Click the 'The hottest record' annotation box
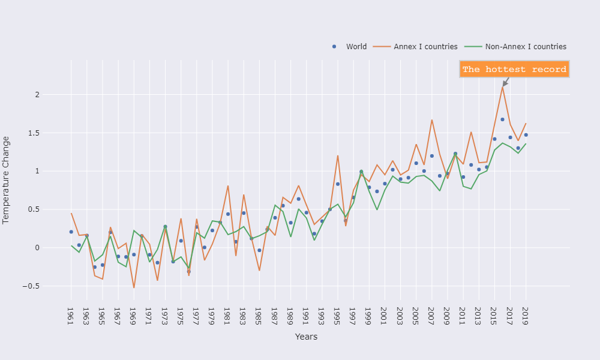point(514,70)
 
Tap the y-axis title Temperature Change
point(7,180)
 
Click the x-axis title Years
point(306,337)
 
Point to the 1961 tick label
point(71,316)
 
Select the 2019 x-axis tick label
point(526,316)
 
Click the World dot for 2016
point(502,119)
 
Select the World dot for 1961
point(71,232)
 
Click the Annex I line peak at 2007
point(431,120)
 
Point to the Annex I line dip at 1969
point(134,287)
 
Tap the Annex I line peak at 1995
point(338,155)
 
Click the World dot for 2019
point(526,135)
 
